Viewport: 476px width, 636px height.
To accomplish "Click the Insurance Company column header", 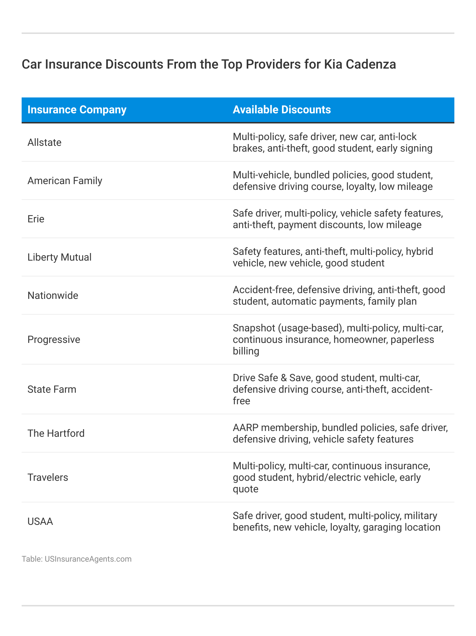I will tap(77, 110).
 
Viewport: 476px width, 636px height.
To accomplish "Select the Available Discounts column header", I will tap(282, 110).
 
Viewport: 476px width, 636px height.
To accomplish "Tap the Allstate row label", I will tap(44, 143).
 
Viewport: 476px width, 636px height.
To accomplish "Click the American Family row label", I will tap(65, 181).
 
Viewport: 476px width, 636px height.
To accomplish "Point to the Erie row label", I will tap(36, 219).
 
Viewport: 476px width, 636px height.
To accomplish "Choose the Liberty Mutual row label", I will tap(59, 257).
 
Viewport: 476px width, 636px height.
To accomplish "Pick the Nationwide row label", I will tap(53, 296).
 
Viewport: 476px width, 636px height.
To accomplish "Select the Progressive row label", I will tap(54, 340).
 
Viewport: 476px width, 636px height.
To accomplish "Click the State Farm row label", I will tap(52, 389).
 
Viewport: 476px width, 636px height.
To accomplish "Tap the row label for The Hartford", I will tap(56, 434).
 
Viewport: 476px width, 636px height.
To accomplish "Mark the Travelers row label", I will tap(48, 478).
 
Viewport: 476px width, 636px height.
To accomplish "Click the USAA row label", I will tap(40, 522).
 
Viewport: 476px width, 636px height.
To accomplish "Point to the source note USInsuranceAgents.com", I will tap(88, 559).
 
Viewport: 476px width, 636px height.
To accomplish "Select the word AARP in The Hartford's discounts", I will tap(245, 428).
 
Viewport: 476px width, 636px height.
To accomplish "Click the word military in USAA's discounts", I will tap(420, 516).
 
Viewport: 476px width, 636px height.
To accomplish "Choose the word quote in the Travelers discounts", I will tap(246, 489).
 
